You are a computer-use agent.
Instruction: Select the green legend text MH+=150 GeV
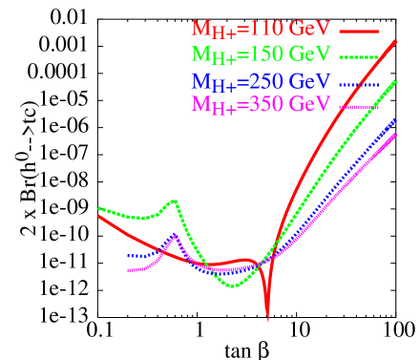[270, 54]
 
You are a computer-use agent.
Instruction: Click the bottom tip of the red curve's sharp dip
[267, 321]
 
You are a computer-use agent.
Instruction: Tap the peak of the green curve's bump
[175, 201]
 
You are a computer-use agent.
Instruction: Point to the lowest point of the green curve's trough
[232, 286]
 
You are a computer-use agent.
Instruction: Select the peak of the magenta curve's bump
[174, 235]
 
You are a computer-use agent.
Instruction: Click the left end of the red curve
[98, 216]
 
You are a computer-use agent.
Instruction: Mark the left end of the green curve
[98, 208]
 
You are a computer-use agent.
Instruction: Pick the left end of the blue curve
[129, 256]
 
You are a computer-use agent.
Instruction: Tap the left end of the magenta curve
[129, 271]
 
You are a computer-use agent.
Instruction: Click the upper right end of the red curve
[397, 40]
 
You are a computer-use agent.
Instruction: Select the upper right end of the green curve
[397, 82]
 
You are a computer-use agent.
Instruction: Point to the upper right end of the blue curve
[397, 119]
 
